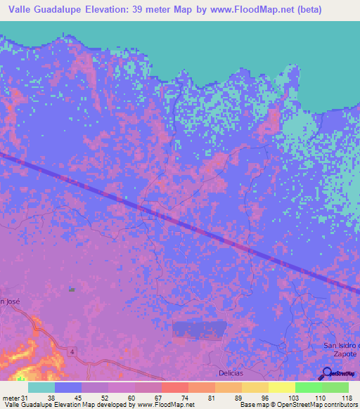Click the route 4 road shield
[x=72, y=351]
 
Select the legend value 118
[x=346, y=397]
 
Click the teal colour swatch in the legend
[x=41, y=387]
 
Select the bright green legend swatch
[x=308, y=387]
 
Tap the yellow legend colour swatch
[x=281, y=387]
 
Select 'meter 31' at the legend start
[x=13, y=397]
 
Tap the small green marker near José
[x=71, y=289]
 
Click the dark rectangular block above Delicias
[x=200, y=329]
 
